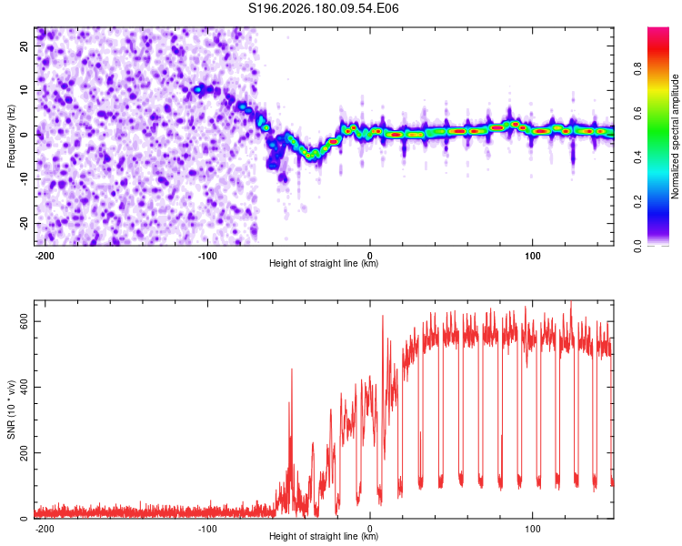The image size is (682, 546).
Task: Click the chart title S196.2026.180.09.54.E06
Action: click(x=323, y=8)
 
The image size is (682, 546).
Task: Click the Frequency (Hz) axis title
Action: click(x=11, y=136)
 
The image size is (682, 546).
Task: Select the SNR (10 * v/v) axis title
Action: click(x=11, y=409)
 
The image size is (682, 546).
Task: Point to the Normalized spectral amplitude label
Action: click(x=675, y=136)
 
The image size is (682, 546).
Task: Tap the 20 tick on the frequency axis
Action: click(x=24, y=45)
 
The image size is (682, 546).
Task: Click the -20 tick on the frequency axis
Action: click(x=24, y=223)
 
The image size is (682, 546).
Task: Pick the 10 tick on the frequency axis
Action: click(x=24, y=90)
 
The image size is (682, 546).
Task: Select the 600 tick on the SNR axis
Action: click(x=24, y=321)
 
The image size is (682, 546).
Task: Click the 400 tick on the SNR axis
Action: click(x=24, y=387)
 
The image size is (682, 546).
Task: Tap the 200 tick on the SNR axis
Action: click(x=24, y=453)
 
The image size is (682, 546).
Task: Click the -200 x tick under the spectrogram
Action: click(x=45, y=256)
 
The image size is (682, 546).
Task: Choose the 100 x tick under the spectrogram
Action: click(x=532, y=256)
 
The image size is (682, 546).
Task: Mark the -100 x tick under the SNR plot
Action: click(x=207, y=529)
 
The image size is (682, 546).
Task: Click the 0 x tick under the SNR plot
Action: click(x=370, y=529)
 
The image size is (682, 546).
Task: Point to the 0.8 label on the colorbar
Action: click(x=637, y=69)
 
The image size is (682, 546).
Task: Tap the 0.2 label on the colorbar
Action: click(x=637, y=202)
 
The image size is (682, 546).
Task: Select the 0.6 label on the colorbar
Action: click(x=637, y=113)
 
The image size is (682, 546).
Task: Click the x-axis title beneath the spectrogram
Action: click(x=324, y=263)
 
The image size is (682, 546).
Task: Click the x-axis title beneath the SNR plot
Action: click(x=324, y=536)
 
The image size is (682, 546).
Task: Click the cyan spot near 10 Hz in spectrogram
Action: click(x=198, y=89)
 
